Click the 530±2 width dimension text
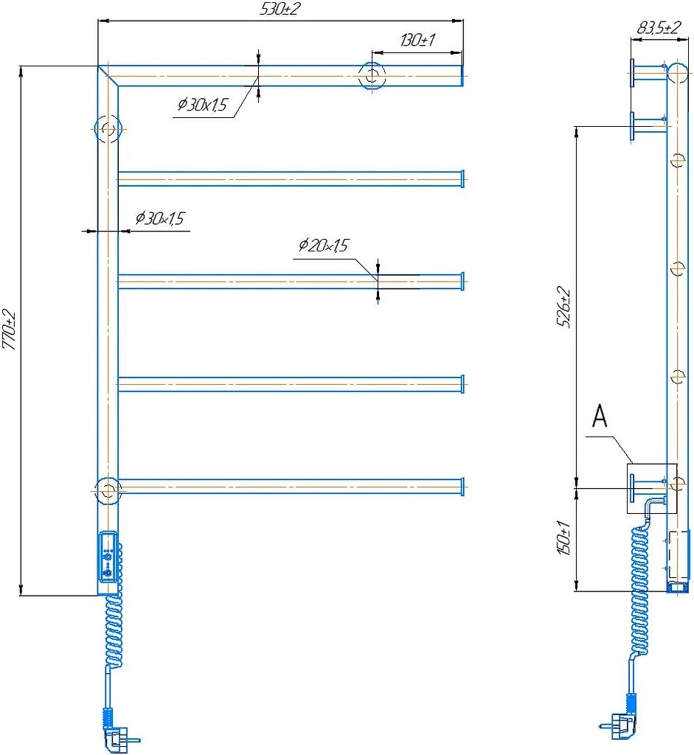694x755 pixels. coord(280,9)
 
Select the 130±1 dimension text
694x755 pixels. coord(417,40)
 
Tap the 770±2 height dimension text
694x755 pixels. coord(9,330)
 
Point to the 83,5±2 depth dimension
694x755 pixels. coord(659,27)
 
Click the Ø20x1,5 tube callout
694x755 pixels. coord(323,245)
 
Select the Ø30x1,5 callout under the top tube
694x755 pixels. coord(202,105)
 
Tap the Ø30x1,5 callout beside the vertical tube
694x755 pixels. coord(159,218)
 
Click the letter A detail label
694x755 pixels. coord(600,416)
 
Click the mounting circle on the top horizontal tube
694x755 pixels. coord(372,76)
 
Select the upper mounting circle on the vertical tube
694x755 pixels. coord(108,129)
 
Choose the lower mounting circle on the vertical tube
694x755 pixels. coord(108,491)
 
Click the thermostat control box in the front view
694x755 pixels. coord(108,557)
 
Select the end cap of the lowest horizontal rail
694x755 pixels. coord(462,487)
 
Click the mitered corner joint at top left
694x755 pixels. coord(108,76)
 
